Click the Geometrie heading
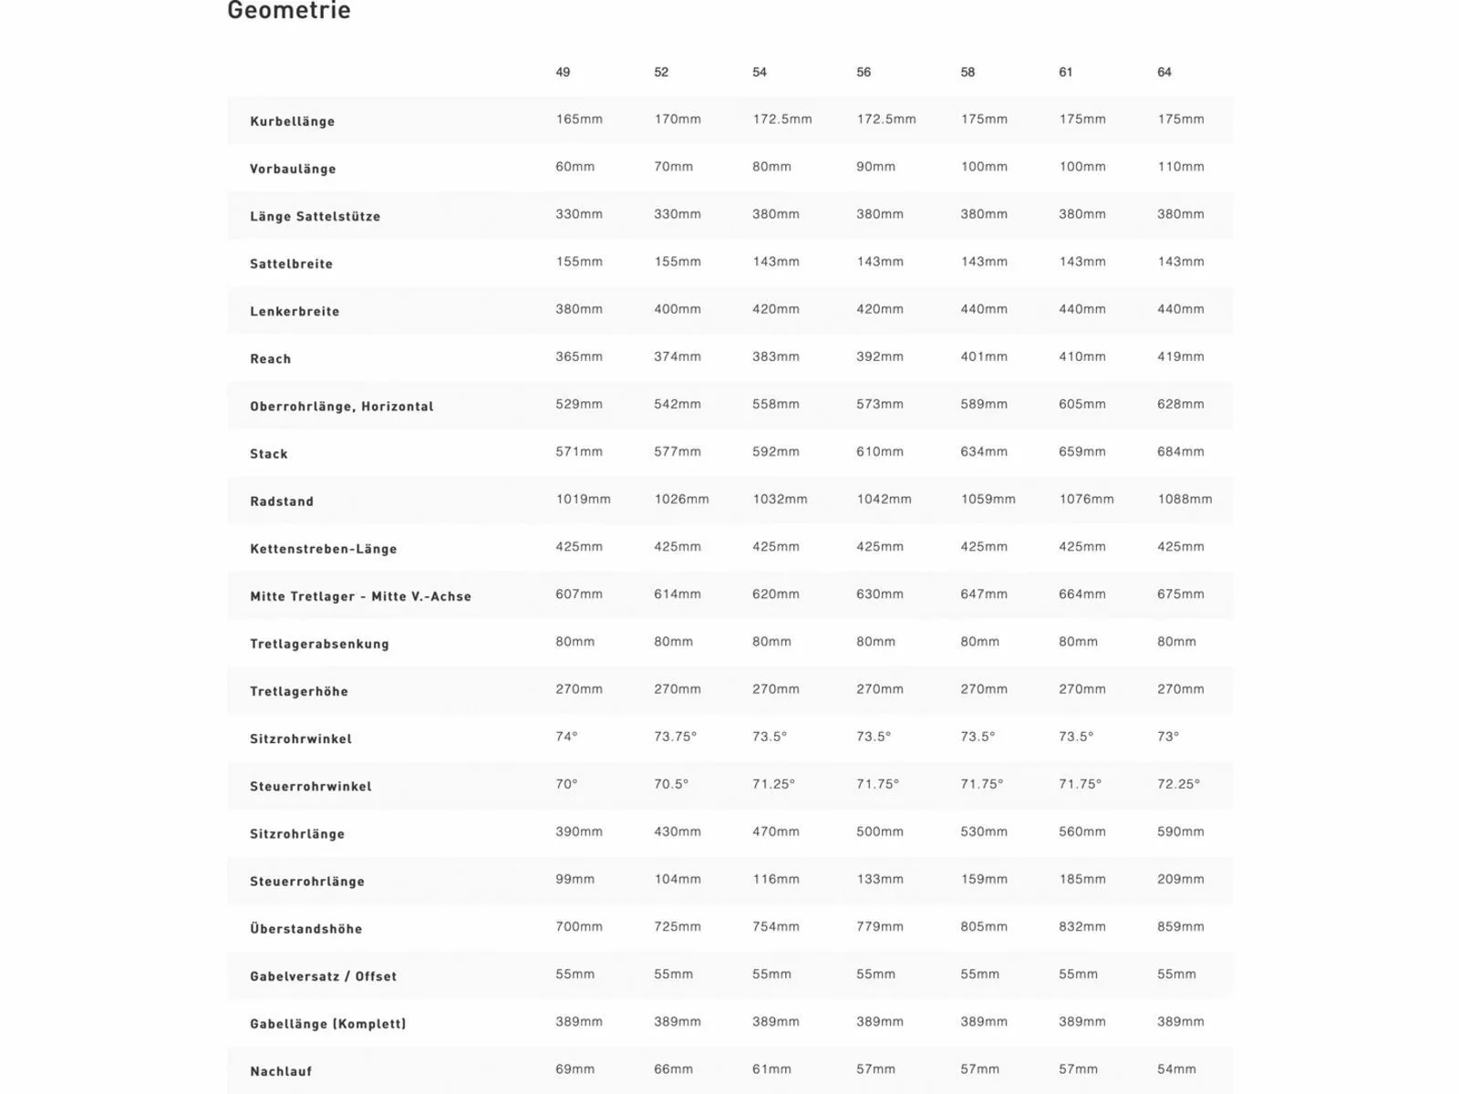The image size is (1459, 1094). [288, 11]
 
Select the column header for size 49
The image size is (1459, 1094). [563, 72]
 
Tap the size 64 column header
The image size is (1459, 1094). [1164, 72]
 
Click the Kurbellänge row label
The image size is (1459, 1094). [292, 121]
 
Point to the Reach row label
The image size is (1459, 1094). [270, 359]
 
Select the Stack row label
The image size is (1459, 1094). [268, 454]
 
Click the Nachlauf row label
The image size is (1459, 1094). [280, 1071]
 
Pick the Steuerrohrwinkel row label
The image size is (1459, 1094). [310, 786]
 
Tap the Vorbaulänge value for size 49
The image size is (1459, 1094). [574, 167]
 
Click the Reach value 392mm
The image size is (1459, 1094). [879, 356]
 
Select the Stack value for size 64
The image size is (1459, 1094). [1180, 451]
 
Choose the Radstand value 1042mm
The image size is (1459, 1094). [884, 499]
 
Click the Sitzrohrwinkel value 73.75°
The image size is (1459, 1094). [675, 737]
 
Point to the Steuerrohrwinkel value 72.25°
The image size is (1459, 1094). [1178, 784]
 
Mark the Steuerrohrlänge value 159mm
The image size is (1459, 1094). [983, 879]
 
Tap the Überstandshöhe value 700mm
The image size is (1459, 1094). [578, 926]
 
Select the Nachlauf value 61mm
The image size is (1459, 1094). [771, 1068]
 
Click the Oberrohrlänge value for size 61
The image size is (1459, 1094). [1081, 404]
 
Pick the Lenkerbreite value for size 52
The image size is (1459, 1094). [677, 309]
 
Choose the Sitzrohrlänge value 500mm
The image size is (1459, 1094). [879, 831]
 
